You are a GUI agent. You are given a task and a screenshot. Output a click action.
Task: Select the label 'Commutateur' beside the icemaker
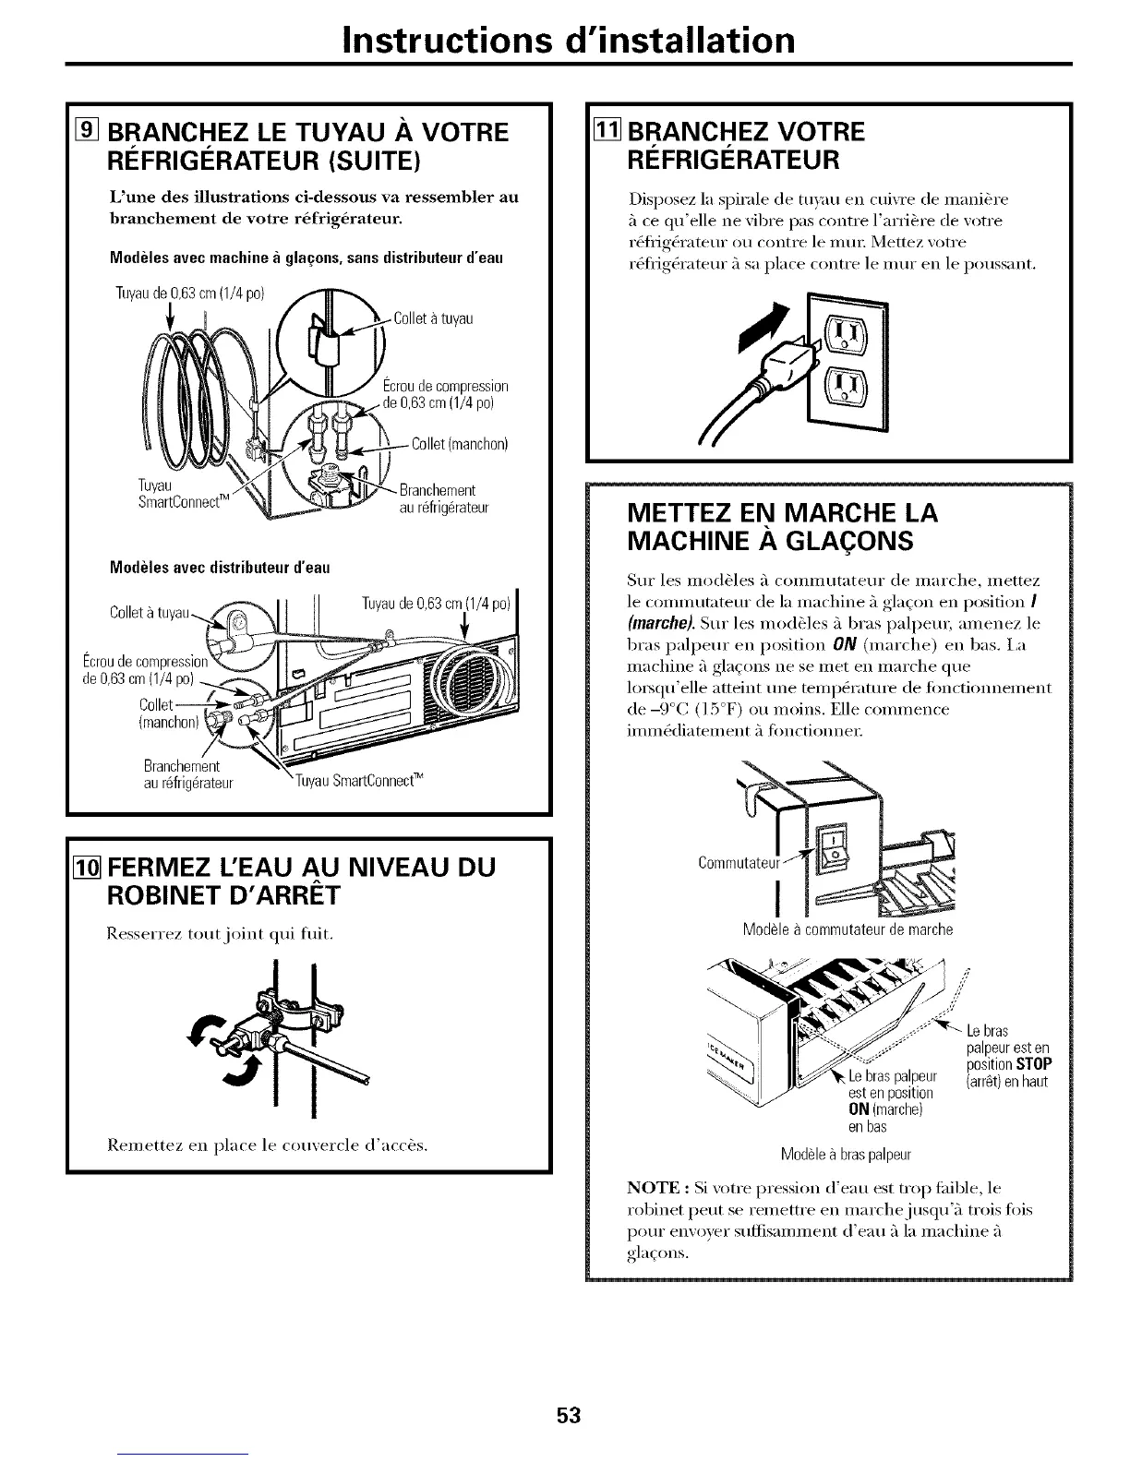tap(739, 864)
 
